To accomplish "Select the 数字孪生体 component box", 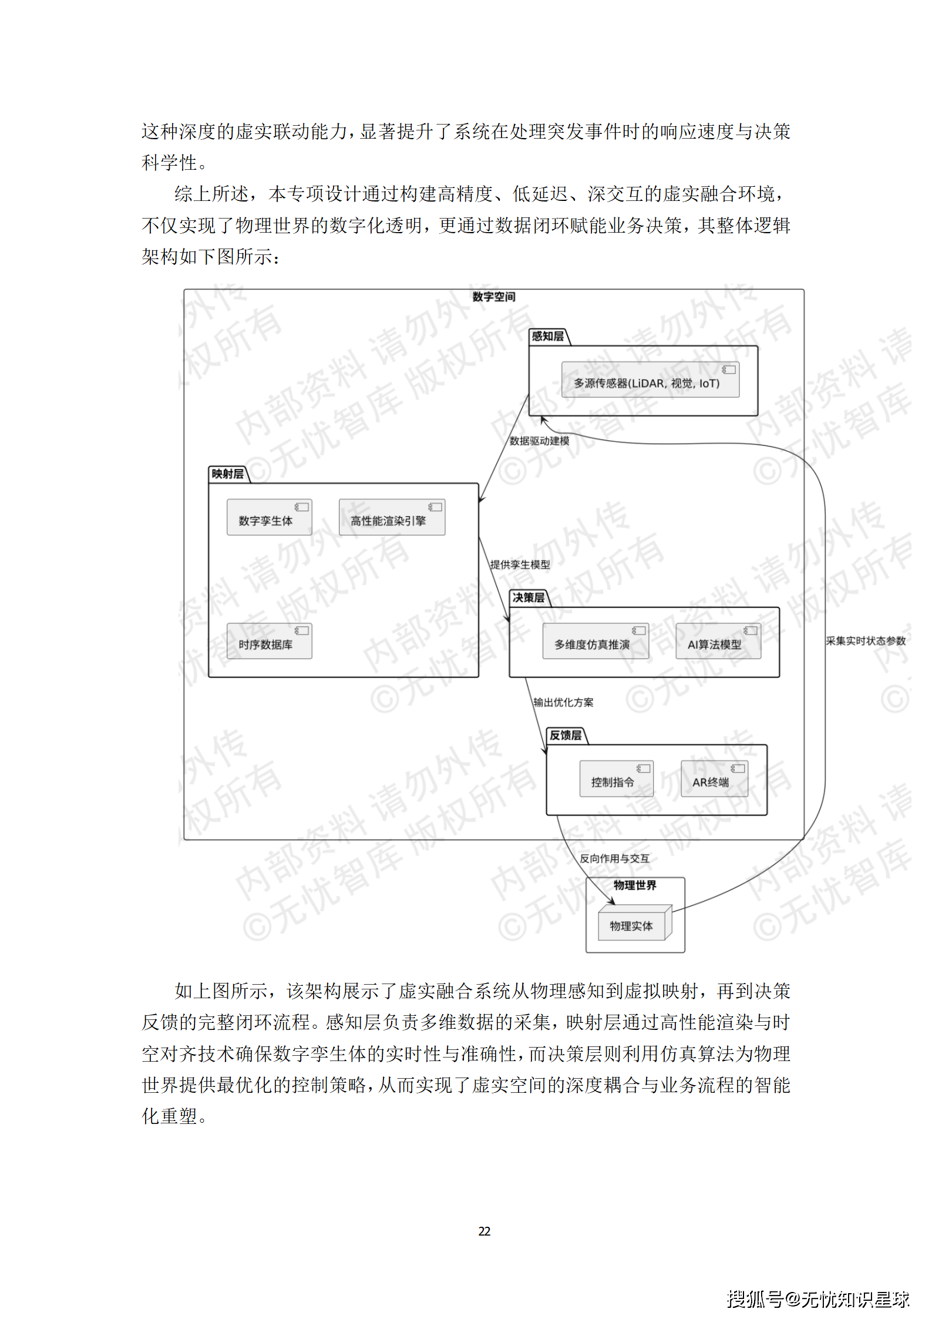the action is [x=269, y=518].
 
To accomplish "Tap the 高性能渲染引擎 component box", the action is [x=392, y=518].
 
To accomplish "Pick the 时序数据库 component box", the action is [x=269, y=642].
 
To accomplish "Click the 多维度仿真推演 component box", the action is [x=595, y=642].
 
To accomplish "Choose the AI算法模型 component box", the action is [x=718, y=642].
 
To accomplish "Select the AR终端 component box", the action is [x=714, y=779].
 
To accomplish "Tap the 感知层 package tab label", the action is [x=547, y=337].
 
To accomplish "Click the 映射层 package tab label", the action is [x=227, y=474].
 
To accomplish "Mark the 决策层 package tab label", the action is [x=528, y=598].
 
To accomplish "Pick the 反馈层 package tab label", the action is [x=565, y=736].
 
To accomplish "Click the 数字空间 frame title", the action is [x=493, y=297].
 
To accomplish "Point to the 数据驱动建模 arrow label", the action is [x=539, y=441].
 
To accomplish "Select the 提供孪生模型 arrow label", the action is [x=520, y=565].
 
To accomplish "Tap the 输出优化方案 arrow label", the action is [x=563, y=703].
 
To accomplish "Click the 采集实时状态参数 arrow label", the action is [x=866, y=641].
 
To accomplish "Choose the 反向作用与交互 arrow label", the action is [x=614, y=859].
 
